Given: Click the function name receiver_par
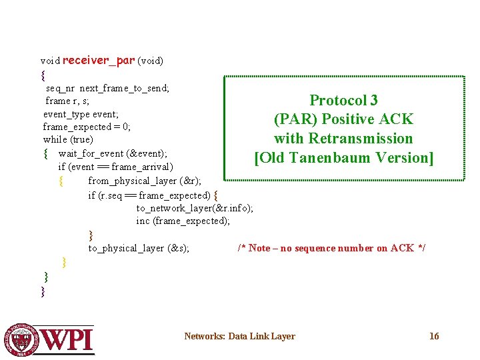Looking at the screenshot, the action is (x=98, y=61).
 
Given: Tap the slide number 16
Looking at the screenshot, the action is (x=434, y=336).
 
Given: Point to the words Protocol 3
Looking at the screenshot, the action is (x=343, y=101).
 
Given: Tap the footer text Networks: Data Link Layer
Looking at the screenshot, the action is (x=239, y=336).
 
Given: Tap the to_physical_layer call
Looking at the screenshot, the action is (x=125, y=248).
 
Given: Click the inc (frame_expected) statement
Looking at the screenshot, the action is (x=183, y=221).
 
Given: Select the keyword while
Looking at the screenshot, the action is (x=55, y=140).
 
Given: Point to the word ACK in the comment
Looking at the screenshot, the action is (x=402, y=248).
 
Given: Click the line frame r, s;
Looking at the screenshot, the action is (x=67, y=101).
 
